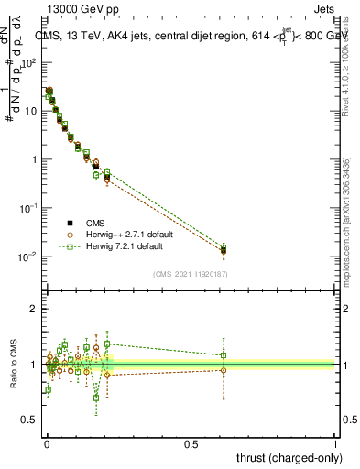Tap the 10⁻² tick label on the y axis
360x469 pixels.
coord(30,256)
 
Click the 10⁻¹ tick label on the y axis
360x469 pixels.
coord(30,208)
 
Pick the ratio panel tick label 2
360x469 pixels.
coord(34,309)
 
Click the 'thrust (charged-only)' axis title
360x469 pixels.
coord(286,457)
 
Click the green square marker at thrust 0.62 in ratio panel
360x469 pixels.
coord(224,355)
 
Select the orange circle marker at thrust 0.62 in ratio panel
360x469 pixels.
coord(224,370)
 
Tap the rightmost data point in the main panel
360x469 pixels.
coord(224,250)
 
